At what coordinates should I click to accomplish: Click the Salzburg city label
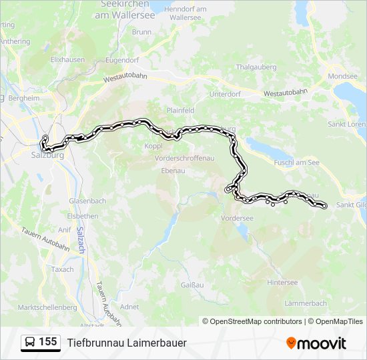[x=47, y=155]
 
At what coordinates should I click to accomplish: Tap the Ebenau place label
[x=173, y=170]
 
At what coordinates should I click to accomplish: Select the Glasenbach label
[x=87, y=201]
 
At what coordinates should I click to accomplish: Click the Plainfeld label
[x=180, y=110]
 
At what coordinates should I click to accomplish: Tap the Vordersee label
[x=237, y=218]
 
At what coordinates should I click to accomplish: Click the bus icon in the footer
[x=30, y=342]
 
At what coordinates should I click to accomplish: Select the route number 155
[x=48, y=342]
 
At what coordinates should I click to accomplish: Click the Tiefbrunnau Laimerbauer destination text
[x=127, y=343]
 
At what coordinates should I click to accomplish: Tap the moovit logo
[x=316, y=343]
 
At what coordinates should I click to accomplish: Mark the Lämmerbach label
[x=306, y=303]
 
